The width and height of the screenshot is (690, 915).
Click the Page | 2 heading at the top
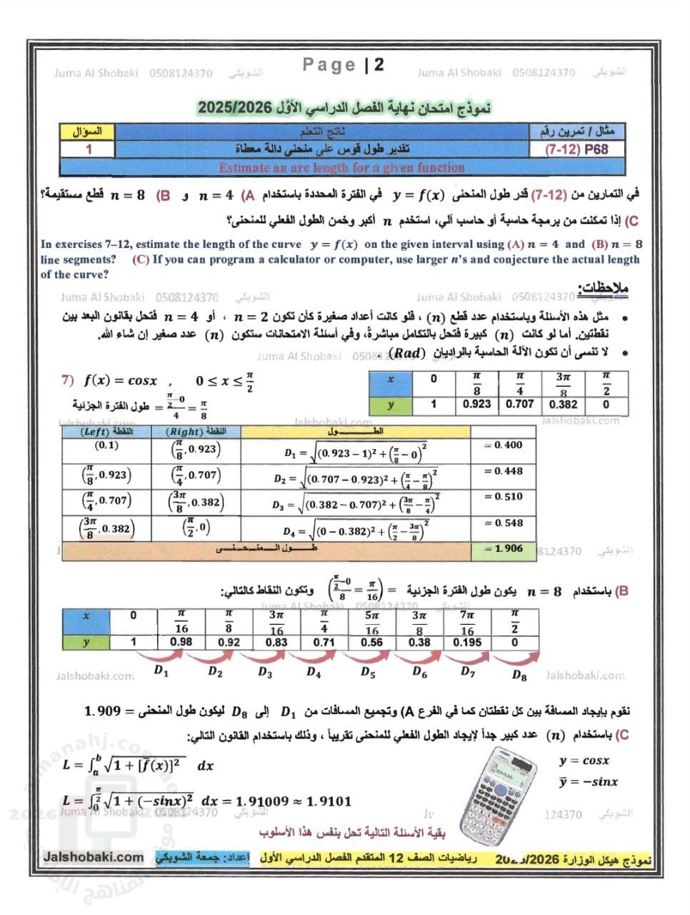coord(344,65)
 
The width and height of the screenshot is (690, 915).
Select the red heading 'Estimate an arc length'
coord(341,168)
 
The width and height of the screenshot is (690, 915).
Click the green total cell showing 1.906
coord(503,549)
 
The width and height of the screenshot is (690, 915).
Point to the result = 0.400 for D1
coord(503,445)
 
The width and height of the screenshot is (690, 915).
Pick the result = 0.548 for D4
coord(503,523)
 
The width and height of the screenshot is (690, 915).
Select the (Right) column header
coord(196,432)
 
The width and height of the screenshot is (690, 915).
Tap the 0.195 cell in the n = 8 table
coord(467,642)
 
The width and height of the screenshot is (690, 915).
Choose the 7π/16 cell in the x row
coord(467,623)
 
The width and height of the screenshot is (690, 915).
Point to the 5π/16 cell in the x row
coord(371,623)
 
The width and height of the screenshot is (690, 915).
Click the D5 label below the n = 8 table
coord(368,672)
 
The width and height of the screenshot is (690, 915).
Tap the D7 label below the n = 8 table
coord(468,672)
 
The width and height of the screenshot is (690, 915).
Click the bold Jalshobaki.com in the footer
coord(94,857)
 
